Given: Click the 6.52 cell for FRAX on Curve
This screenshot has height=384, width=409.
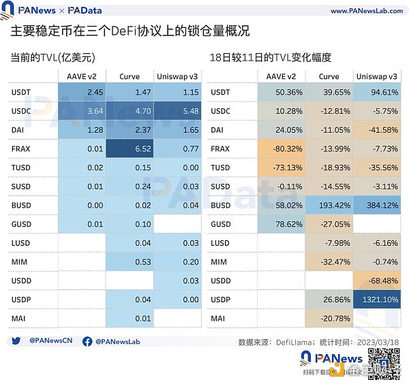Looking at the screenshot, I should click(x=130, y=148).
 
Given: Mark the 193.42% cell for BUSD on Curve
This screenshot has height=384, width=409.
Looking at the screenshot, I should click(x=329, y=204).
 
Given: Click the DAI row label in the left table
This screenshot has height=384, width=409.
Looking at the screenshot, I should click(x=18, y=129).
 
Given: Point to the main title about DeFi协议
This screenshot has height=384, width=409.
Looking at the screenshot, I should click(x=130, y=32).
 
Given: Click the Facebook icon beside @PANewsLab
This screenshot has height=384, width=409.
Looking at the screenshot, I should click(x=87, y=341).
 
